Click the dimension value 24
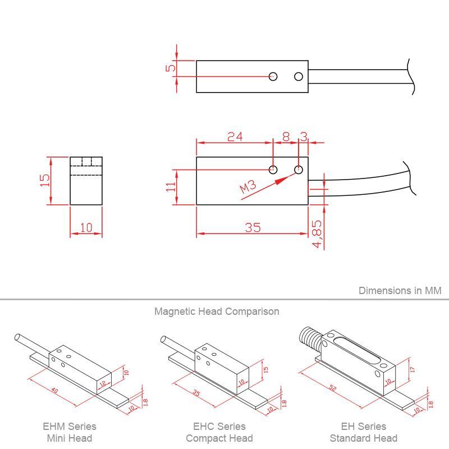(x=235, y=136)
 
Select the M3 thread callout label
(x=248, y=187)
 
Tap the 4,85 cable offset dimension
(x=317, y=234)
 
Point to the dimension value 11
(x=171, y=186)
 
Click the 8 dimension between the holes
(x=286, y=136)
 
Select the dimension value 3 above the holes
(x=304, y=136)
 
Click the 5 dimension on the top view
(x=171, y=68)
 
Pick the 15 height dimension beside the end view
(x=45, y=180)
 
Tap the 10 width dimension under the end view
(x=86, y=228)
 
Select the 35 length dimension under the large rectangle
(x=253, y=227)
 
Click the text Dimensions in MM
(x=400, y=290)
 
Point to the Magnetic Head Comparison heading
(x=217, y=311)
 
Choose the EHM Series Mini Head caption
(x=70, y=432)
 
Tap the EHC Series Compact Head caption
(x=219, y=432)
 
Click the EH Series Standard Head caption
(x=363, y=432)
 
